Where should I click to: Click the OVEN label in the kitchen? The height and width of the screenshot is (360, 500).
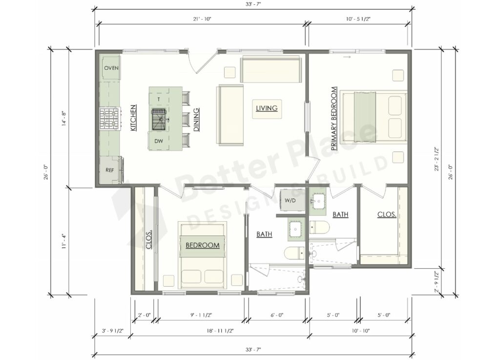coord(111,68)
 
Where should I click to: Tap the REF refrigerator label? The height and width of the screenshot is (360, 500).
coord(110,170)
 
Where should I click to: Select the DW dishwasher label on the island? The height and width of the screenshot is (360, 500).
coord(159,141)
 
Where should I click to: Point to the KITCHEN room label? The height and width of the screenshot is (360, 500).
coord(133,118)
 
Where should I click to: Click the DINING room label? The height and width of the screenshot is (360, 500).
coord(196,120)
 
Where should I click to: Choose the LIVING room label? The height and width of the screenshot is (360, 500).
coord(267,108)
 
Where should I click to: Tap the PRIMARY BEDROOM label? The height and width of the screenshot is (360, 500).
coord(334,118)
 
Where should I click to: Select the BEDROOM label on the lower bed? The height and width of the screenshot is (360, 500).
coord(202,245)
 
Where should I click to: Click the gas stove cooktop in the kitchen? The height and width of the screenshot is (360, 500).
coord(110,118)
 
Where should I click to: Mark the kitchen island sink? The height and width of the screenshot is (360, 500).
coord(159,118)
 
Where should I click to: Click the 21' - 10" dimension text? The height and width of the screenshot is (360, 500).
coord(202,19)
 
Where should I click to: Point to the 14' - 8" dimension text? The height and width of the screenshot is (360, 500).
coord(63,119)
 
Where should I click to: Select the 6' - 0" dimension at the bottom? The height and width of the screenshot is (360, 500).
coord(276,315)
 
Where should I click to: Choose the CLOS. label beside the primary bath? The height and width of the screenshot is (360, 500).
coord(386,214)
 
